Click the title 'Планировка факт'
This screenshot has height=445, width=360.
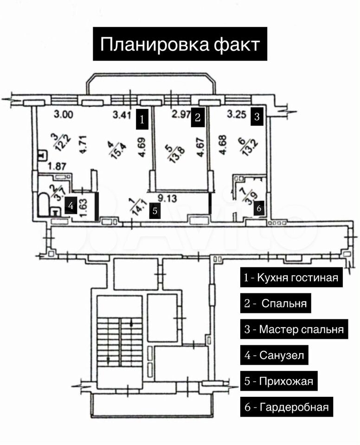(180, 44)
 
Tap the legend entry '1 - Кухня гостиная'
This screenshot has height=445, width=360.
(291, 277)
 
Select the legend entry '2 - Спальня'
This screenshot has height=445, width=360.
(276, 303)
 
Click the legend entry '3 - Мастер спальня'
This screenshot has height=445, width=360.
(294, 329)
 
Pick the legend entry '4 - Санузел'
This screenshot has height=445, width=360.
(274, 355)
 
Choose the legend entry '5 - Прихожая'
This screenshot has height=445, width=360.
(279, 381)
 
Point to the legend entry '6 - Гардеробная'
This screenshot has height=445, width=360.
(287, 407)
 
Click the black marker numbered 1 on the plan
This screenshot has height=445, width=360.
(142, 120)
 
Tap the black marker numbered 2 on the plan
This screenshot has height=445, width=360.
(198, 117)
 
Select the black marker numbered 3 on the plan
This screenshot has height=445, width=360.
(257, 116)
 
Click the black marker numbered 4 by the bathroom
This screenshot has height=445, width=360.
(71, 205)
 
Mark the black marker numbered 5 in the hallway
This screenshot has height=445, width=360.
(154, 211)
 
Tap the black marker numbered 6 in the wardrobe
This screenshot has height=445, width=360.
(259, 208)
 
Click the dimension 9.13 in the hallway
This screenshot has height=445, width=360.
(167, 198)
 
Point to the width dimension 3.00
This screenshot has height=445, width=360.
(64, 114)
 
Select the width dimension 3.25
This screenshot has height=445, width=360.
(237, 114)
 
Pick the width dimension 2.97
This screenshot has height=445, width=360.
(181, 114)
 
